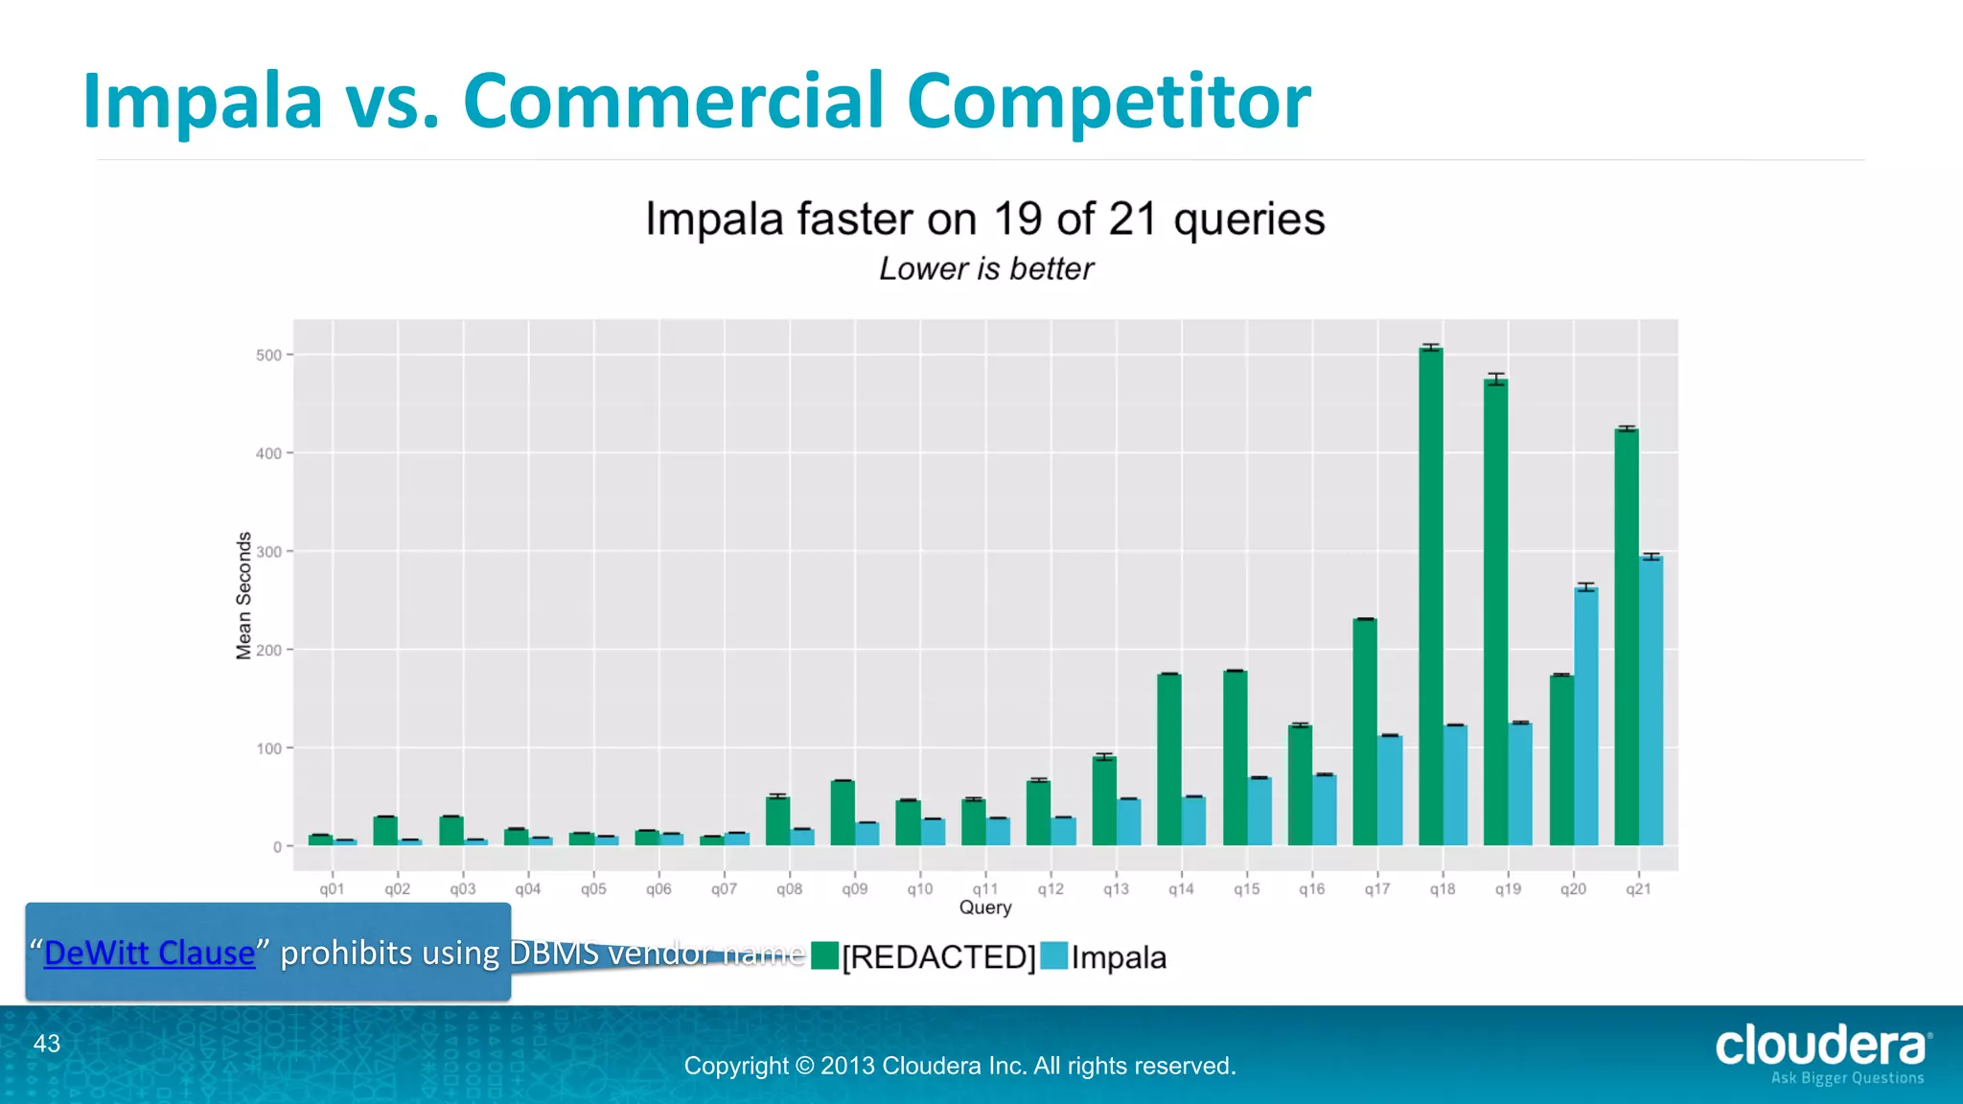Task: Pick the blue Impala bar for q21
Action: point(1651,701)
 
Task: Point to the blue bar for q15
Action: point(1259,811)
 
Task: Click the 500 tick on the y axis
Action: point(268,356)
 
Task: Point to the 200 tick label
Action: point(268,651)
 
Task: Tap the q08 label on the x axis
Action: point(789,889)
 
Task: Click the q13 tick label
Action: point(1116,889)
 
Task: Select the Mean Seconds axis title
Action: point(243,596)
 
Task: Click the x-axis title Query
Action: point(985,908)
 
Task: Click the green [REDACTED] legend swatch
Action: point(824,956)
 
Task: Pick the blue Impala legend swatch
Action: point(1053,956)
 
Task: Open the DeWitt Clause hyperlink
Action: point(150,953)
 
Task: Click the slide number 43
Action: point(46,1044)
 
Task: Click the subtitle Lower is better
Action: point(985,269)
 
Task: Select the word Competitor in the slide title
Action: point(1108,101)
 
